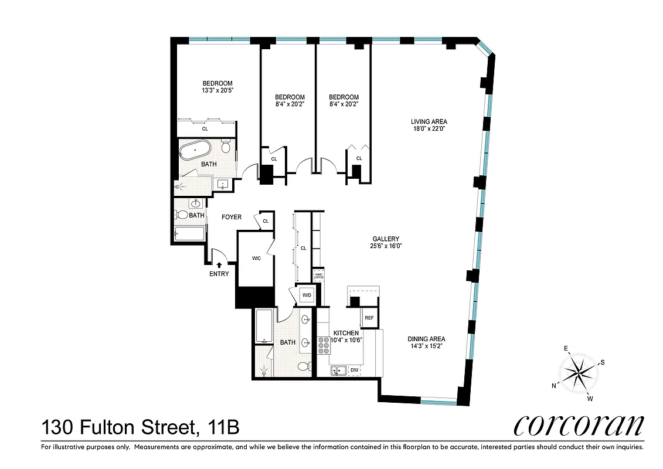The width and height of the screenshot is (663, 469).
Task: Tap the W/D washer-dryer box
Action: click(307, 295)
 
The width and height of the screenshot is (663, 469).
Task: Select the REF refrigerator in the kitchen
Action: click(369, 318)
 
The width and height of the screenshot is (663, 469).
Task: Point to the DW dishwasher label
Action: click(354, 371)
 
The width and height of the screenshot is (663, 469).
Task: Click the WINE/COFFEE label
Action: click(319, 276)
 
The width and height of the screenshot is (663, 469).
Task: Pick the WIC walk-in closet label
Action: click(256, 257)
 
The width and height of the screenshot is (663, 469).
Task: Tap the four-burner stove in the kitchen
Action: click(323, 346)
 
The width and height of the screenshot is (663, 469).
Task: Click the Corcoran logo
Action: click(578, 425)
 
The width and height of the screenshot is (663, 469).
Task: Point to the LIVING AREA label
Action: click(433, 122)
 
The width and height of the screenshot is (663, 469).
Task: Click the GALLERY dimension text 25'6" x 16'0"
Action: click(386, 246)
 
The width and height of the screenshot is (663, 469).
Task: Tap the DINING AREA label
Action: click(426, 339)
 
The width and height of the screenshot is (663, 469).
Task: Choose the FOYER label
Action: click(232, 217)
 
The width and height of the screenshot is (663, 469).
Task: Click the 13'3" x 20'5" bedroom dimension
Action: click(217, 91)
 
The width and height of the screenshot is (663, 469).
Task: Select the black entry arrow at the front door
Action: click(219, 265)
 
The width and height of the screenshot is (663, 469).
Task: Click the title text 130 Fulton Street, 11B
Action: click(140, 427)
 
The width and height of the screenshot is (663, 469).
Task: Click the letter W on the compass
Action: click(590, 399)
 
